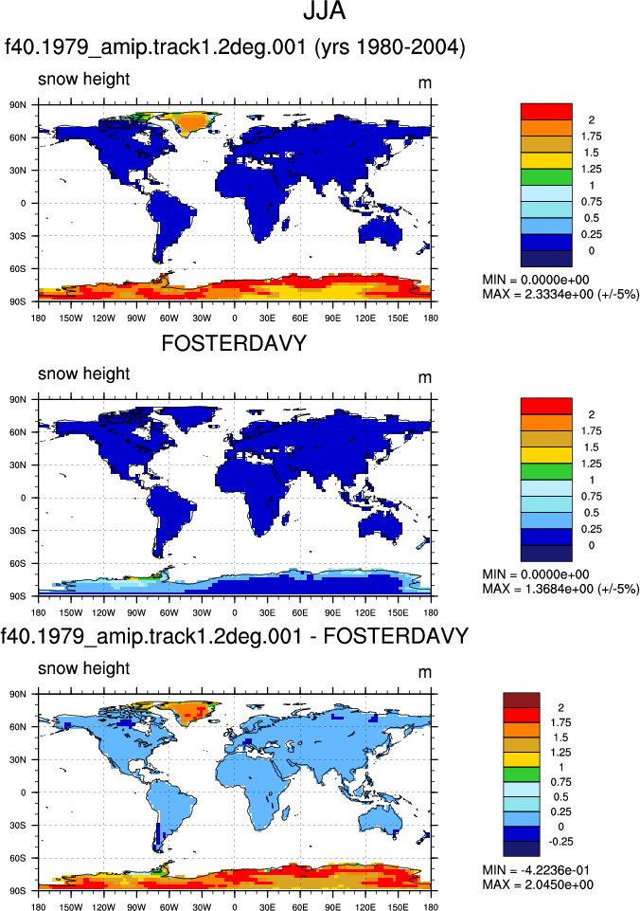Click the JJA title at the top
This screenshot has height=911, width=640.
325,11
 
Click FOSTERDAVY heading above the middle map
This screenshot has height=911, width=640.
234,343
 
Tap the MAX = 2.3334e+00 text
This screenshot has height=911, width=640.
560,294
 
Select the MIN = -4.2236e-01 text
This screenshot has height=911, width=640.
538,869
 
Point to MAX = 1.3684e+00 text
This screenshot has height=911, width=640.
560,589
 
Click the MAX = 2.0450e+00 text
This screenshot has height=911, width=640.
538,884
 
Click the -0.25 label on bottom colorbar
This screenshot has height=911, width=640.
561,841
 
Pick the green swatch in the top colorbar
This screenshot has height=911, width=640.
546,177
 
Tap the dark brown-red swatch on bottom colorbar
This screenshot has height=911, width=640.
521,701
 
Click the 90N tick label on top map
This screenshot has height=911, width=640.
18,105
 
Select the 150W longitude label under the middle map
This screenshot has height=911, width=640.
71,612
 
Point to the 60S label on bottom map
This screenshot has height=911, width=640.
18,858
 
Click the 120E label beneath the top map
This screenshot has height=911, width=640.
364,318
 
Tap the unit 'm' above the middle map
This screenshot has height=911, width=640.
425,377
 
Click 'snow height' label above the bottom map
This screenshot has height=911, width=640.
83,668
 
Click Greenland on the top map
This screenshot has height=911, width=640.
187,122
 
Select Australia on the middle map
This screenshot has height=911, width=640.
381,527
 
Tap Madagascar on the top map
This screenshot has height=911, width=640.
286,224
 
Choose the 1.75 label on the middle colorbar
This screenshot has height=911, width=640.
592,430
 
